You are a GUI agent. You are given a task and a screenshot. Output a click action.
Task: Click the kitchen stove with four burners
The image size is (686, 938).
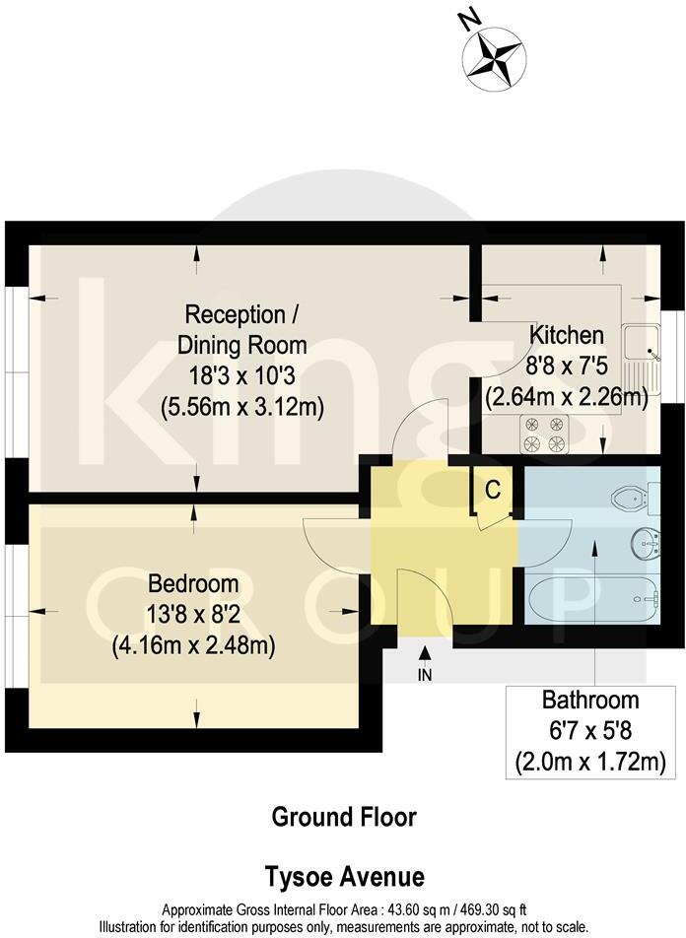coord(543,435)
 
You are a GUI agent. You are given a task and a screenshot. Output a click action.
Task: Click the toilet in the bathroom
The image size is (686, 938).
coord(631,498)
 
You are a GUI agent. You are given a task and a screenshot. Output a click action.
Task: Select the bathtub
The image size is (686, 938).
coord(592,599)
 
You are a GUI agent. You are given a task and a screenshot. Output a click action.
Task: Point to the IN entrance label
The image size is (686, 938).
coord(425,674)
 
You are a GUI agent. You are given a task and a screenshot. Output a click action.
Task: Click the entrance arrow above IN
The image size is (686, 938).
coord(425,652)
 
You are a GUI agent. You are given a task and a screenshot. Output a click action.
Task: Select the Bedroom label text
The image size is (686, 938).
coord(193,582)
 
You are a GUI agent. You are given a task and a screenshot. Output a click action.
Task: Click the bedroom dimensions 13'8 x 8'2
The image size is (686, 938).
coord(193,614)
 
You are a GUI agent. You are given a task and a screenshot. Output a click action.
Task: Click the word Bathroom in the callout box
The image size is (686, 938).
coord(590,702)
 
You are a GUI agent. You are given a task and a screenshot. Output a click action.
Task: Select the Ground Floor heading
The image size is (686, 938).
coord(343,817)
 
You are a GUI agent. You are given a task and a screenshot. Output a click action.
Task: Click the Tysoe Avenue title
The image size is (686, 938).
coord(343,876)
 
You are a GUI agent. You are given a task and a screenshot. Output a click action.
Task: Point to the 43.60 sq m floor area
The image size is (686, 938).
coord(413,911)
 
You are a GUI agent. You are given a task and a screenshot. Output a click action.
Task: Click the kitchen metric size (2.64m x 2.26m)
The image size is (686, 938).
coord(566,398)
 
